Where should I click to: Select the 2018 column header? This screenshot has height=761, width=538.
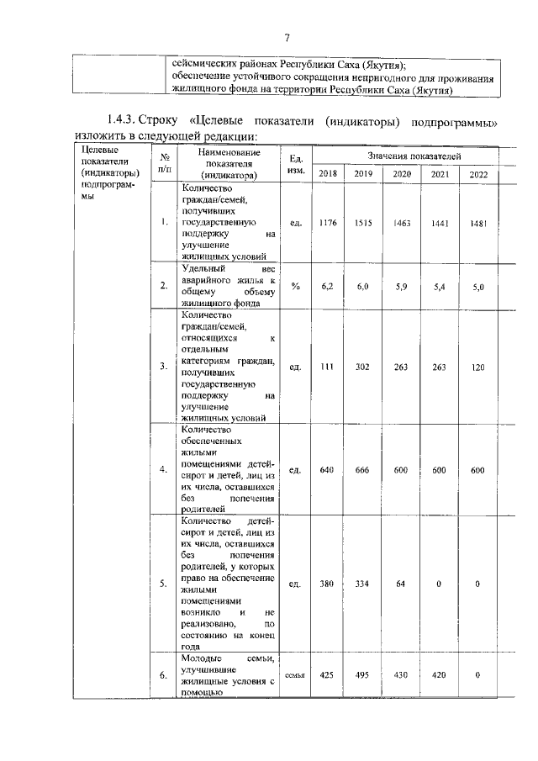[328, 174]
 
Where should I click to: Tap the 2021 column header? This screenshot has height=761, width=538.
[440, 174]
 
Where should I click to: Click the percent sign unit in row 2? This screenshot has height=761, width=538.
[295, 286]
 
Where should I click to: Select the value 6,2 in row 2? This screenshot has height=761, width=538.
[328, 286]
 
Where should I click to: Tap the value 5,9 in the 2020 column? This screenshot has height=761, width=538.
[401, 286]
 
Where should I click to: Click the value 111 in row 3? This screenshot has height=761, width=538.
[328, 366]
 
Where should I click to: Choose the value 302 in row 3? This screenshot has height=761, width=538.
[363, 366]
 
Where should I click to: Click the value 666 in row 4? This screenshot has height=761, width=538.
[363, 470]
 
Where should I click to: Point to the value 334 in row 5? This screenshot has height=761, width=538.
[363, 584]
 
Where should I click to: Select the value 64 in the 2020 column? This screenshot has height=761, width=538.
[401, 584]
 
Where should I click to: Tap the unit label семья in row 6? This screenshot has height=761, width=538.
[294, 674]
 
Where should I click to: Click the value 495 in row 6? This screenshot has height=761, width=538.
[363, 674]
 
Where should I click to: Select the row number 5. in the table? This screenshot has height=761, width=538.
[163, 584]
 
